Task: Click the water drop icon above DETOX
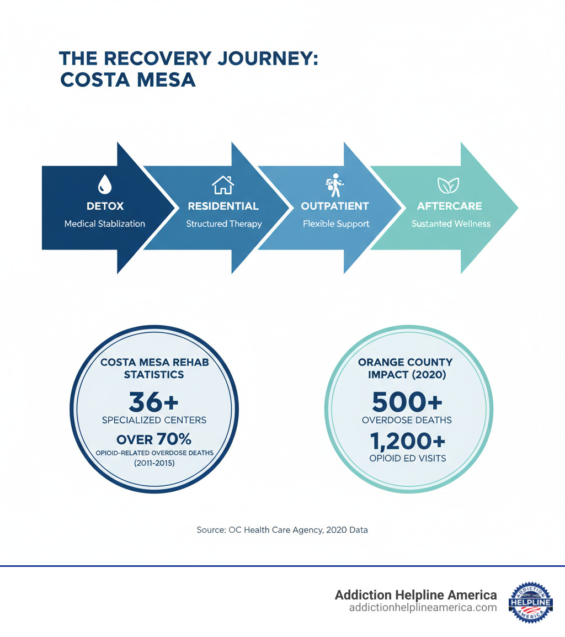(105, 184)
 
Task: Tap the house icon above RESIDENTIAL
(223, 185)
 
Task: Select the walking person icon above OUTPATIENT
(334, 185)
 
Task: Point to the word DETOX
(105, 206)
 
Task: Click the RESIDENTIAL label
(223, 206)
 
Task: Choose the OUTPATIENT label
(334, 206)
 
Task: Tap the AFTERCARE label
(449, 206)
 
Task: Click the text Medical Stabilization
(105, 224)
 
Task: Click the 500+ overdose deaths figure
(407, 402)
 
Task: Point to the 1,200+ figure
(407, 440)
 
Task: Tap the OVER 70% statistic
(154, 439)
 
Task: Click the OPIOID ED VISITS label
(407, 458)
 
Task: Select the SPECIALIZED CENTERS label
(154, 420)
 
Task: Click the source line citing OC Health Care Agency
(282, 530)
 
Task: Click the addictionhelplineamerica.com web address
(423, 608)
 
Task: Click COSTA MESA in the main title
(127, 79)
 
